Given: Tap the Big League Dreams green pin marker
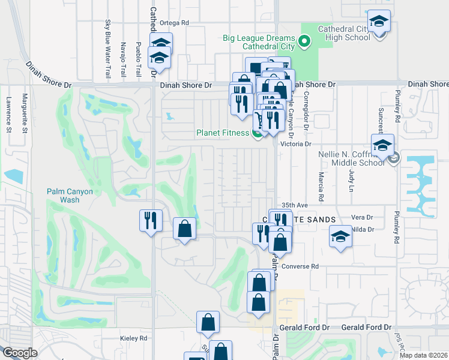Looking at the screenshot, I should [x=304, y=41].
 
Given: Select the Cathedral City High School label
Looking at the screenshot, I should [x=344, y=33].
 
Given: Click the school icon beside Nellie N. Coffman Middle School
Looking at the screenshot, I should [x=382, y=145].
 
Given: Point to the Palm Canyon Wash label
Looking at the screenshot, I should [x=70, y=196].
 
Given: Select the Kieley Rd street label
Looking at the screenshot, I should [x=133, y=338].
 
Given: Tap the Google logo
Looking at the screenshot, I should [x=20, y=353].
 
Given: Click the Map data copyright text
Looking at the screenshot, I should [x=423, y=355].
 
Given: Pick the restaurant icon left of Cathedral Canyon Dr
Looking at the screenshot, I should [x=149, y=220].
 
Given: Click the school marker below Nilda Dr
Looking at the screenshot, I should [x=340, y=236].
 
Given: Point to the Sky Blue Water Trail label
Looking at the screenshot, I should [x=109, y=49].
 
